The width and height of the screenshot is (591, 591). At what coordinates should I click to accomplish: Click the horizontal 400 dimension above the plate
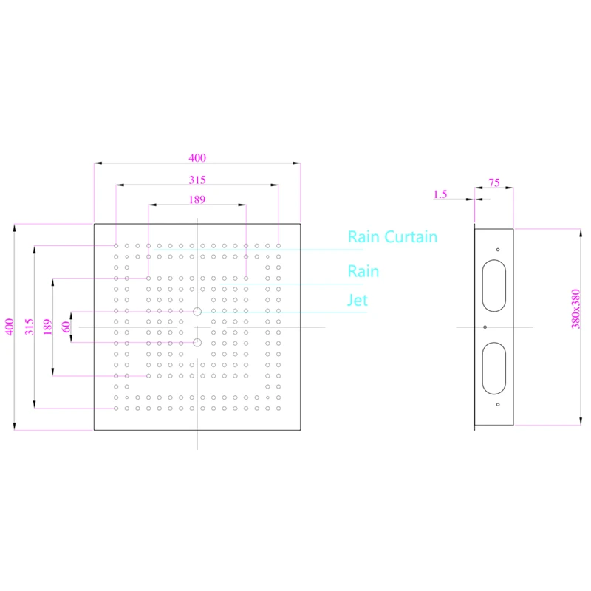(197, 158)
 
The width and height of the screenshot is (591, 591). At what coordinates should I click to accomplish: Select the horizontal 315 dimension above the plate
(197, 180)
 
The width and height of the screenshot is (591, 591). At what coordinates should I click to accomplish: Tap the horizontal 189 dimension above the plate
(197, 199)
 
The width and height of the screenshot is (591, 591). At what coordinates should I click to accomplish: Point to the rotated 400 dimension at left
(10, 327)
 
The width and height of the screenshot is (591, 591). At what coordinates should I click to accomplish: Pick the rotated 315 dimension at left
(29, 327)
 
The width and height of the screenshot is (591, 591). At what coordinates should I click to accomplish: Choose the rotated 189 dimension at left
(47, 327)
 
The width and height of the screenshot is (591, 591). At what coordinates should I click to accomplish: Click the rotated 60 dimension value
(66, 327)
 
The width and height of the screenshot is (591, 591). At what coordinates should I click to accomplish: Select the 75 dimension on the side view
(494, 182)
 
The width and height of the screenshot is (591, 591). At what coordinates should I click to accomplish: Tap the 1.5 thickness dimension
(440, 194)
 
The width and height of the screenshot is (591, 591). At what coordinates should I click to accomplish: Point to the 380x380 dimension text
(575, 309)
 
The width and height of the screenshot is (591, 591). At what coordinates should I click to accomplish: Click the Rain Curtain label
(392, 237)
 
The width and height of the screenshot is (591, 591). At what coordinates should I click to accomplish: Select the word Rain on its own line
(363, 271)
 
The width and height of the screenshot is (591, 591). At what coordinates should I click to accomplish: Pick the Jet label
(358, 301)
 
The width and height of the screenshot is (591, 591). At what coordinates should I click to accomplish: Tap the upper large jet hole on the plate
(197, 312)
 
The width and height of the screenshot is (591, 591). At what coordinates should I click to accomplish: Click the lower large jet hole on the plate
(197, 343)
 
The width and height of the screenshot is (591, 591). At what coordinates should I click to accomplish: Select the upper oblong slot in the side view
(483, 286)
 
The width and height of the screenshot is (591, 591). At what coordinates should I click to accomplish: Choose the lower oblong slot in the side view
(483, 368)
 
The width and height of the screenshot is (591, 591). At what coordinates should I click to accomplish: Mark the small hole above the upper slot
(498, 250)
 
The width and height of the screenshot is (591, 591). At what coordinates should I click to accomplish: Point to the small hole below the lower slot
(498, 405)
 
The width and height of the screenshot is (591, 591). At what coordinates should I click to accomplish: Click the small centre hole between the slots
(485, 327)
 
